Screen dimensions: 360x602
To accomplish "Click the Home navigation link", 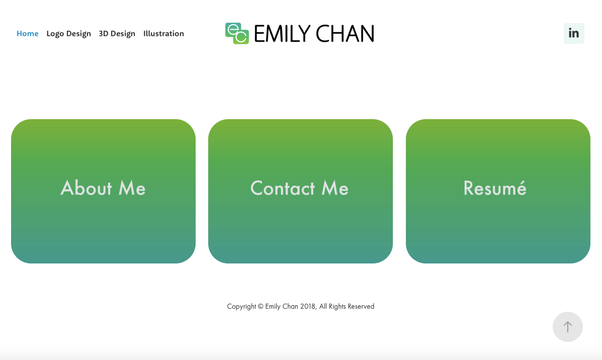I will pyautogui.click(x=28, y=34).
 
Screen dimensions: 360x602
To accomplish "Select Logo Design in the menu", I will pyautogui.click(x=68, y=34).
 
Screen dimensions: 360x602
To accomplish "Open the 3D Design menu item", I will pyautogui.click(x=117, y=34).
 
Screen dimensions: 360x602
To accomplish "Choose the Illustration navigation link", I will pyautogui.click(x=163, y=34).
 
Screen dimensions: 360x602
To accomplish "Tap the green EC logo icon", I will pyautogui.click(x=237, y=33).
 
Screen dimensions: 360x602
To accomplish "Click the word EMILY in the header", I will pyautogui.click(x=282, y=34).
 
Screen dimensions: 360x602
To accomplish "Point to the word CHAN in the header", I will pyautogui.click(x=345, y=34).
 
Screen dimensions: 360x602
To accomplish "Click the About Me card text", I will pyautogui.click(x=103, y=188).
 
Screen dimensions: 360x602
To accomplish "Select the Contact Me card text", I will pyautogui.click(x=299, y=188).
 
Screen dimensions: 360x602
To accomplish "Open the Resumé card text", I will pyautogui.click(x=495, y=188).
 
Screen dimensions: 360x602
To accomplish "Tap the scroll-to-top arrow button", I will pyautogui.click(x=568, y=327).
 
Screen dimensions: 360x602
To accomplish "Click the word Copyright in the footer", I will pyautogui.click(x=241, y=306).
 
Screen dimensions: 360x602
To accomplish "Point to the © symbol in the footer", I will pyautogui.click(x=261, y=306).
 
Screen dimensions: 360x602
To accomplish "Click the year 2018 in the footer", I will pyautogui.click(x=308, y=306).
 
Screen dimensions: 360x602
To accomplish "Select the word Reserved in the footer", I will pyautogui.click(x=361, y=306).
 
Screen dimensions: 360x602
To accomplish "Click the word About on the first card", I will pyautogui.click(x=87, y=188).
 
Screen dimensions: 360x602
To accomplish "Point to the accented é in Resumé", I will pyautogui.click(x=521, y=188).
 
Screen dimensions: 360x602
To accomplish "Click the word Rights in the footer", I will pyautogui.click(x=337, y=306).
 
